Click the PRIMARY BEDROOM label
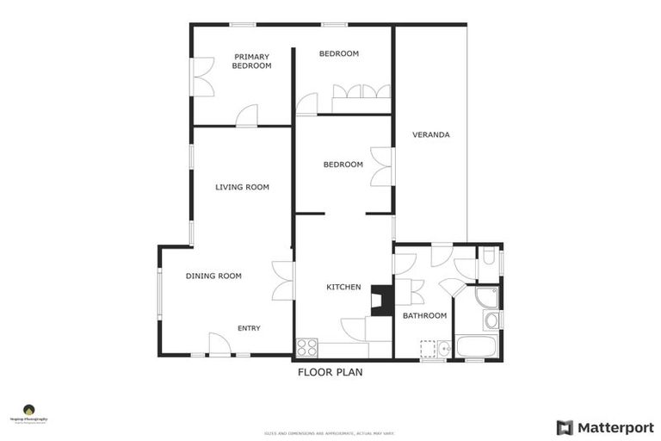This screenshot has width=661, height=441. (x=251, y=61)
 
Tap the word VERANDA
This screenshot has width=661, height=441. (x=430, y=134)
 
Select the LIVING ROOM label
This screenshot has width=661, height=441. (x=242, y=187)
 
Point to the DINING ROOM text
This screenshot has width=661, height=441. (x=213, y=276)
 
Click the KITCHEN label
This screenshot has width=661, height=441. (x=343, y=287)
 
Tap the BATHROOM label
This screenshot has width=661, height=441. (x=425, y=315)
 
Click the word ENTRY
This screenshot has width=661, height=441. (x=249, y=328)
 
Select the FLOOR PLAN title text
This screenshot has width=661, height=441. (x=330, y=373)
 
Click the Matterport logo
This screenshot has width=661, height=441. (x=605, y=427)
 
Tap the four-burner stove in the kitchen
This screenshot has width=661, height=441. (x=307, y=348)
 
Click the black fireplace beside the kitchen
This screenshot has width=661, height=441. (x=381, y=299)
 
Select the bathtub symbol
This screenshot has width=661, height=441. (x=475, y=347)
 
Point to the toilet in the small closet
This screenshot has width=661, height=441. (x=488, y=257)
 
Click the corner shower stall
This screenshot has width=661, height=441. (x=487, y=297)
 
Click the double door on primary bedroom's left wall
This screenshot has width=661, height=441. (x=203, y=78)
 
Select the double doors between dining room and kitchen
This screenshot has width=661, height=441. (x=283, y=281)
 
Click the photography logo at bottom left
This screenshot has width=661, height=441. (x=28, y=413)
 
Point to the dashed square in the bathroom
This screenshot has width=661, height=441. (x=428, y=348)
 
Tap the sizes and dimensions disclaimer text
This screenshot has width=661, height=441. (x=330, y=433)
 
